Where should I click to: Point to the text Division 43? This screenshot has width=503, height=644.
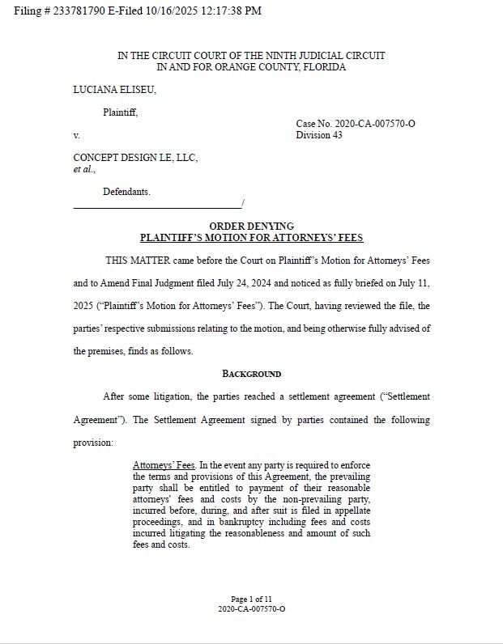(x=319, y=135)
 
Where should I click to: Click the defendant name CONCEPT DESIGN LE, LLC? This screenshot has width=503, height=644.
(x=135, y=158)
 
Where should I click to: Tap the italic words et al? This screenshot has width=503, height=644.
(x=84, y=169)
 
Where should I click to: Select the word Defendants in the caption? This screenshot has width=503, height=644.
(x=126, y=192)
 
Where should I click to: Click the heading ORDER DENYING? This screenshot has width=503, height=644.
(x=252, y=226)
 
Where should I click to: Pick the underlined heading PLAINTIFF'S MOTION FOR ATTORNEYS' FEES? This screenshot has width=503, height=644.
(x=252, y=237)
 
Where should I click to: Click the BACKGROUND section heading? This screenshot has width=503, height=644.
(x=252, y=374)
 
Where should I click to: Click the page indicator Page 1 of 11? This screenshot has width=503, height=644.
(x=251, y=599)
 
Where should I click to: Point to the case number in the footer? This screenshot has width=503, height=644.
(x=251, y=608)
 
